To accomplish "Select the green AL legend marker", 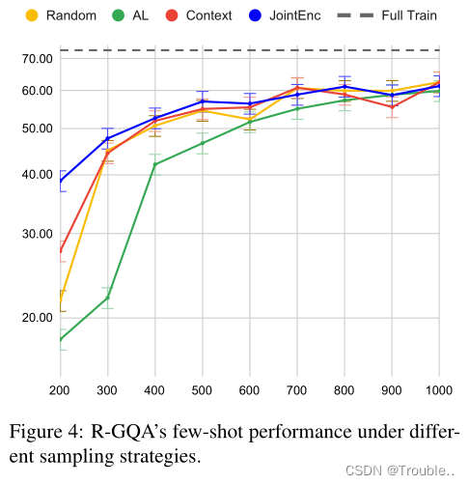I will click(x=119, y=15).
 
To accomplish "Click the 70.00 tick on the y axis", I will click(x=36, y=58).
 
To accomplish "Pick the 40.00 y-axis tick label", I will click(x=36, y=174).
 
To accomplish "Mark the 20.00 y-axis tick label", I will click(x=36, y=317).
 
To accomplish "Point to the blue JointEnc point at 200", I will click(x=60, y=181).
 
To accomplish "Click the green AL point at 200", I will click(x=60, y=339).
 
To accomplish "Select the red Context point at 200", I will click(x=60, y=252).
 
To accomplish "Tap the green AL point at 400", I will click(x=154, y=164).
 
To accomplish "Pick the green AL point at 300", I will click(x=107, y=298).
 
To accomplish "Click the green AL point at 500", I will click(x=202, y=143).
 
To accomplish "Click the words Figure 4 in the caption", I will click(x=46, y=433).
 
